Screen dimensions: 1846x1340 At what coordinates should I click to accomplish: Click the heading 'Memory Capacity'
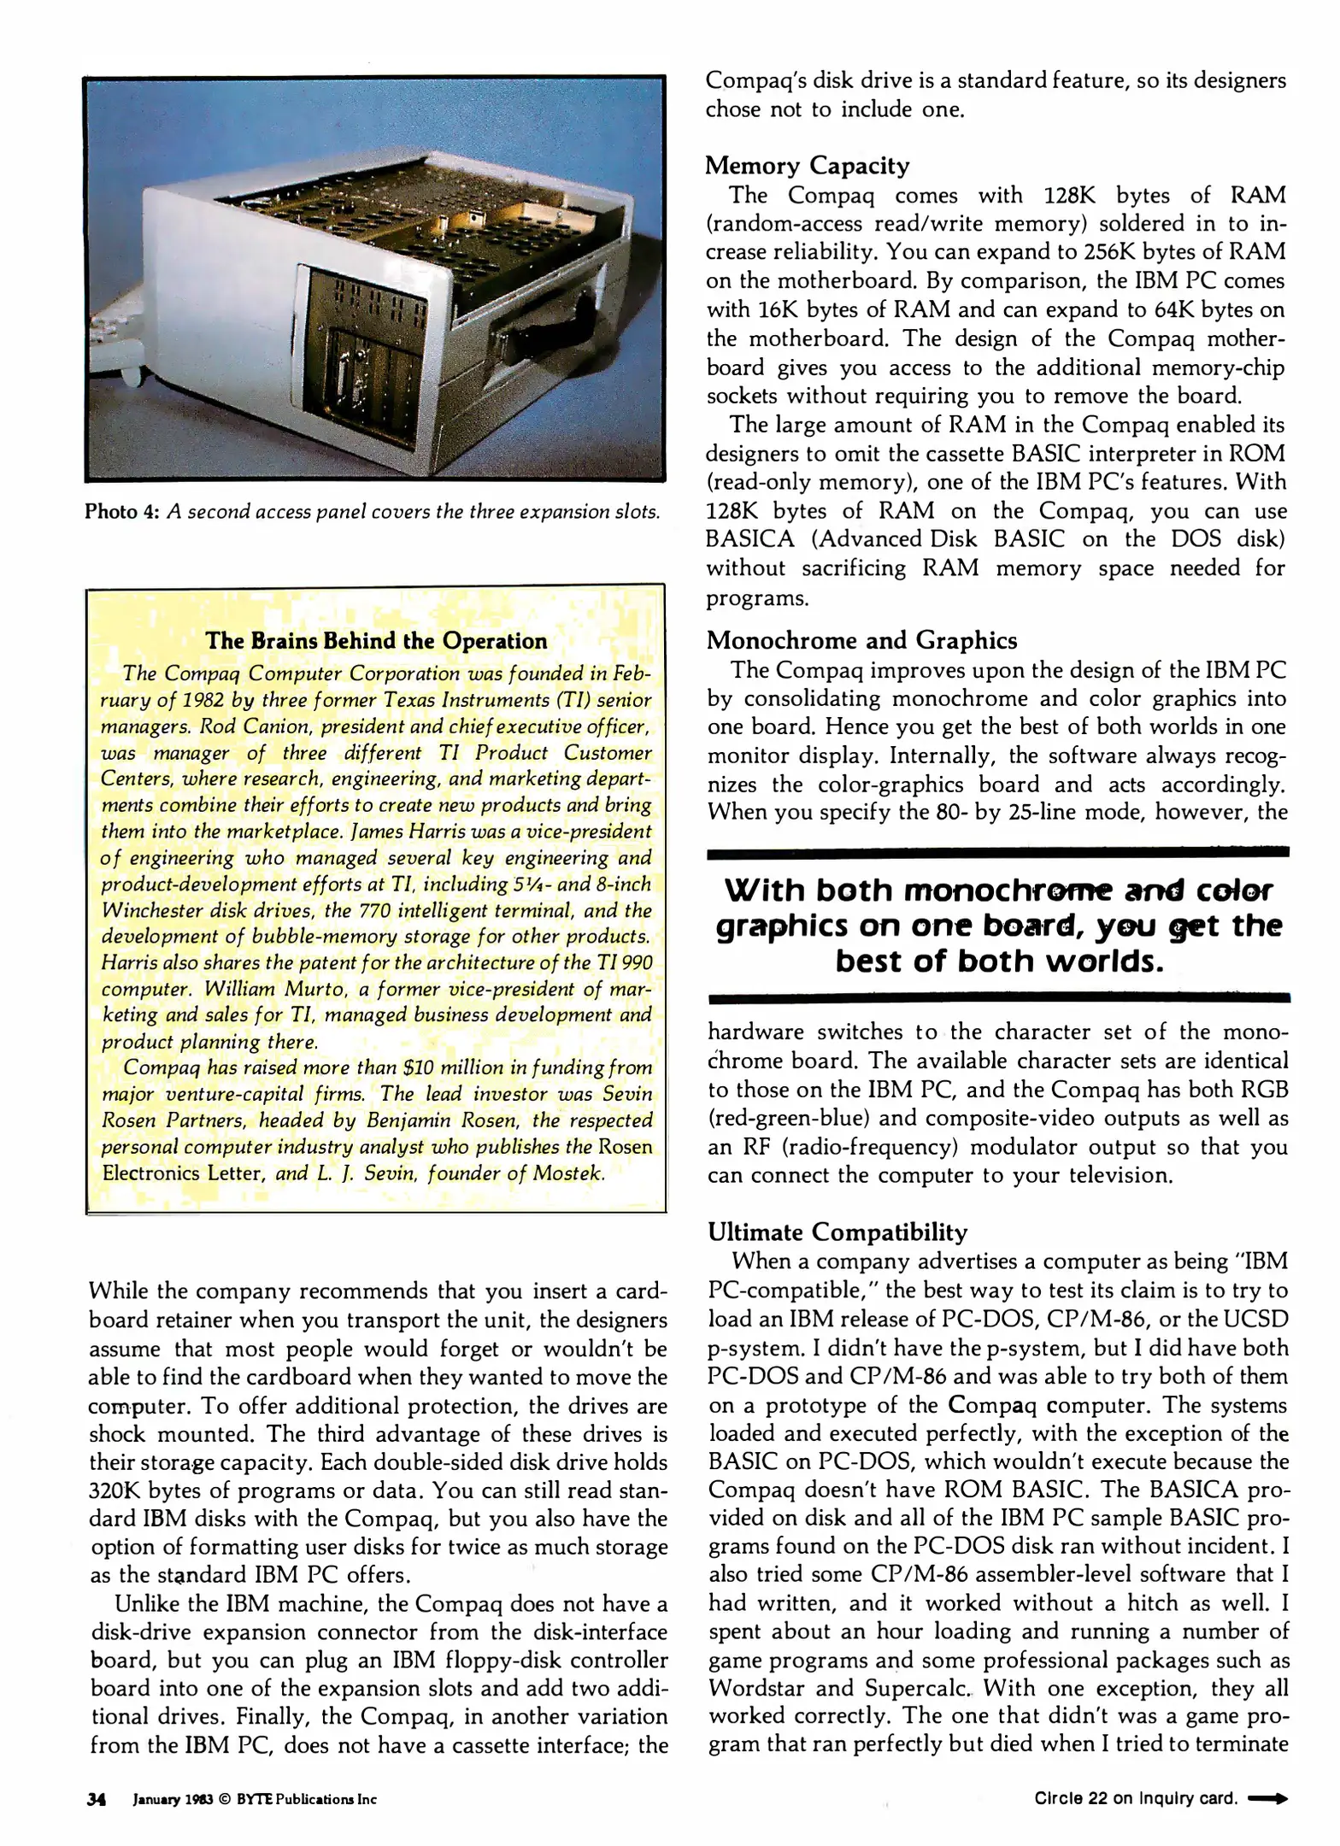coord(807,166)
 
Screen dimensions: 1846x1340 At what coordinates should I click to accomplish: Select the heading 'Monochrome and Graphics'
coord(861,640)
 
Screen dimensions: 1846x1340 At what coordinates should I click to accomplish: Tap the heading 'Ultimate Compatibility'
coord(837,1232)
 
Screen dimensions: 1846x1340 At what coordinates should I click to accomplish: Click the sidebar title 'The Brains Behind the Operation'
coord(376,641)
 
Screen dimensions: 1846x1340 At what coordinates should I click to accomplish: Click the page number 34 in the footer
coord(96,1799)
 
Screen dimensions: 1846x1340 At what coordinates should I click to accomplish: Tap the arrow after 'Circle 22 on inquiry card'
coord(1268,1798)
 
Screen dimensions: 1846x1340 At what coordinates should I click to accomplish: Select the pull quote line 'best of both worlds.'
coord(999,961)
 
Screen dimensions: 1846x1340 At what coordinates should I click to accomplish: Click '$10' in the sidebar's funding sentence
coord(419,1067)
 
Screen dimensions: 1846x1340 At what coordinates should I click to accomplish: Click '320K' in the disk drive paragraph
coord(114,1490)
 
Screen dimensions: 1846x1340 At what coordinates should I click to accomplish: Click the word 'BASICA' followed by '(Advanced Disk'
coord(749,539)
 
